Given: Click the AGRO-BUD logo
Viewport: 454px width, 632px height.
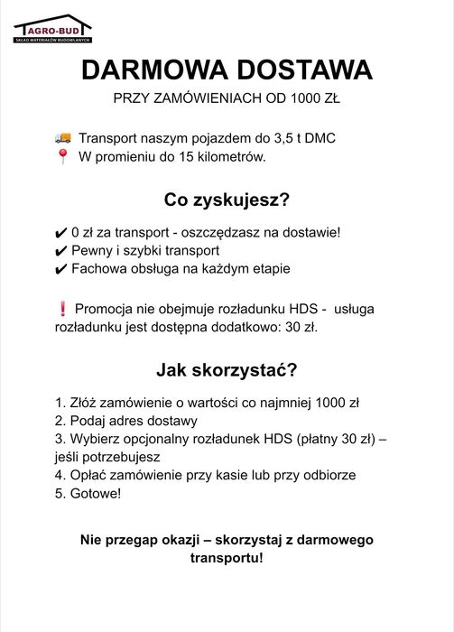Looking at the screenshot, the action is tap(52, 28).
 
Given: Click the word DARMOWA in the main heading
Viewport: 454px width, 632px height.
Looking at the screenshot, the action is tap(153, 70).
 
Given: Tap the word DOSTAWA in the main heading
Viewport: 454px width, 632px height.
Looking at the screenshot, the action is tap(302, 70).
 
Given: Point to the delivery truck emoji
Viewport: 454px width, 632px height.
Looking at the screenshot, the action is tap(63, 139).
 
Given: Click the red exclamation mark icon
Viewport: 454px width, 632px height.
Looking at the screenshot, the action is tap(61, 309).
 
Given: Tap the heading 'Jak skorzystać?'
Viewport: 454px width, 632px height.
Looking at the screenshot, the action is tap(227, 369).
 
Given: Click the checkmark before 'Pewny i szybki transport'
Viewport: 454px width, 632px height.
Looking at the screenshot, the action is tap(60, 251).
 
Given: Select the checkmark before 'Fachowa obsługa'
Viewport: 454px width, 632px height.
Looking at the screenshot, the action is tap(60, 269).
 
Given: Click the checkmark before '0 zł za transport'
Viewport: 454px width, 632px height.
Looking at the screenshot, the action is tap(60, 233).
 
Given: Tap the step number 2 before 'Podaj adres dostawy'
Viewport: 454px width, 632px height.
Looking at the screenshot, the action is tap(60, 421).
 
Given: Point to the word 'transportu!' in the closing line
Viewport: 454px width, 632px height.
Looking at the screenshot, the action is tap(227, 558).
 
